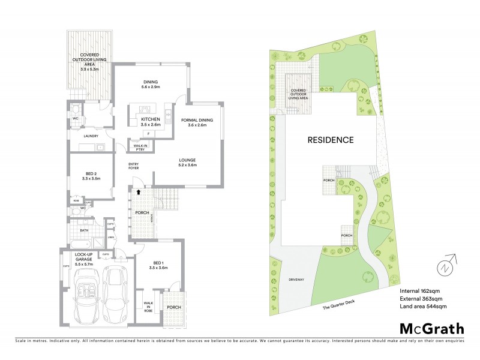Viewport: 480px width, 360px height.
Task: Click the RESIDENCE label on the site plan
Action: [331, 140]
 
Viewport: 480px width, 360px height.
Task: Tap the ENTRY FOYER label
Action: [133, 166]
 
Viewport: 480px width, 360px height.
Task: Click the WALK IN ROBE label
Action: [148, 306]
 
